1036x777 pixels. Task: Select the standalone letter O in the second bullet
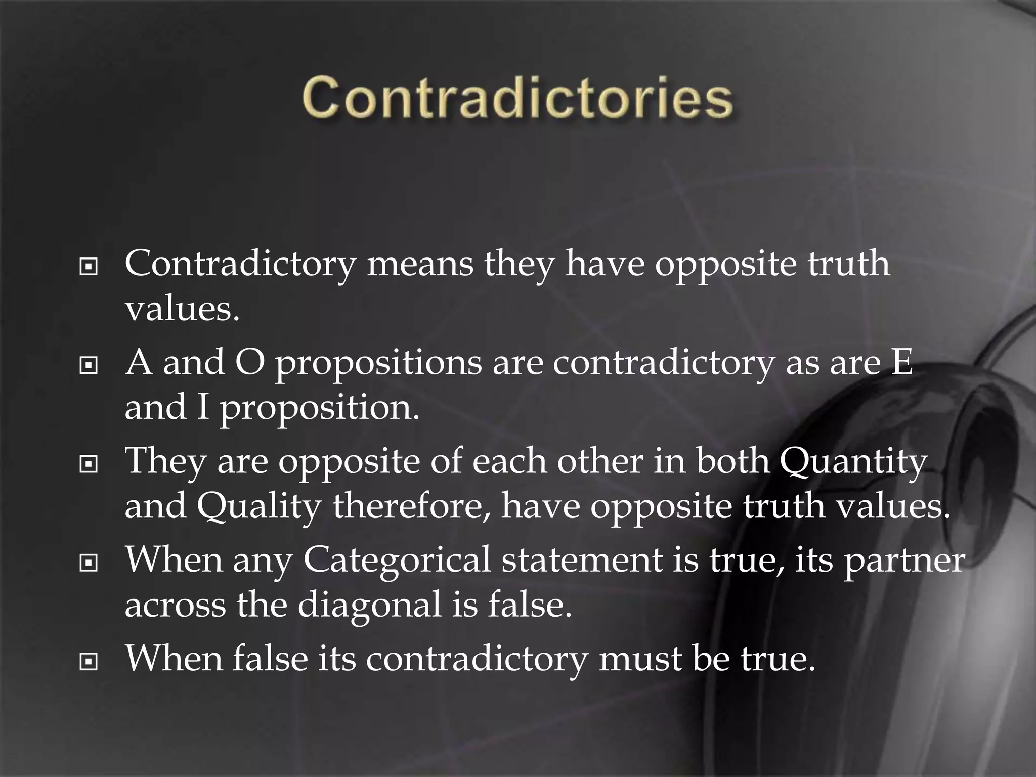(250, 362)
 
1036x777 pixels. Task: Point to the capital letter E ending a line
(901, 362)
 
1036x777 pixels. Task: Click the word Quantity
(853, 462)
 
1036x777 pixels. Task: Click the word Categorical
(397, 561)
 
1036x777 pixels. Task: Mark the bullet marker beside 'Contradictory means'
(89, 266)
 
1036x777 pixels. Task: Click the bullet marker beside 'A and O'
(89, 365)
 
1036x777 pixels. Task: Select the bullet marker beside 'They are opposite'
(89, 463)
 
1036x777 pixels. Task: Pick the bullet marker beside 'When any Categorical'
(89, 562)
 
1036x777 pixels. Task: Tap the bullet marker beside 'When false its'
(89, 661)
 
